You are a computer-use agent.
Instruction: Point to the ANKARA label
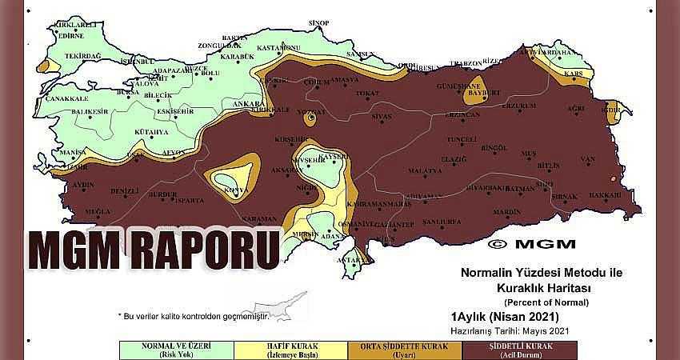point(242,103)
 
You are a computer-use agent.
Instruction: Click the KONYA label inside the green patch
point(234,190)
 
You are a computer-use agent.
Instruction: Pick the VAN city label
point(589,158)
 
